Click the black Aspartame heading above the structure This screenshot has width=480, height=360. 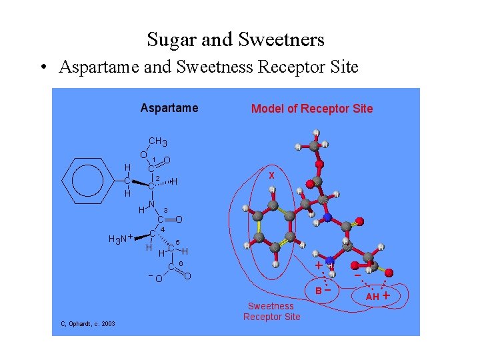pos(169,108)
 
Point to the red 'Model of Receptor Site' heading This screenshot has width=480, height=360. pos(312,109)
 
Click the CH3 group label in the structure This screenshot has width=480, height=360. pos(158,141)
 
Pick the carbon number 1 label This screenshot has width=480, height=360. pos(155,159)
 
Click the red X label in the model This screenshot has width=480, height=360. pos(271,175)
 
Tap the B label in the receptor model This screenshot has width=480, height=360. pos(319,291)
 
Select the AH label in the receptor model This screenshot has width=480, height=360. pos(372,296)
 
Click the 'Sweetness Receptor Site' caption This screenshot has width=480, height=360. pos(271,311)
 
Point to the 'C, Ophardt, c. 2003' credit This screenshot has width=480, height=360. pos(87,323)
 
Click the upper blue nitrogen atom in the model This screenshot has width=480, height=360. pos(327,218)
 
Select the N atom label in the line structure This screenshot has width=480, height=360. pos(152,204)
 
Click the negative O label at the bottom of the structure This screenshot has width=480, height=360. pos(158,278)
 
